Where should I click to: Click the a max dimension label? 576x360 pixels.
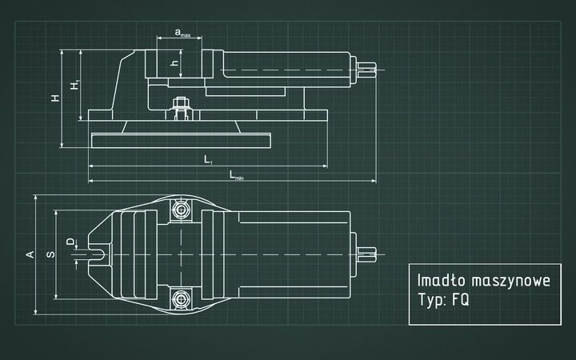coord(182,34)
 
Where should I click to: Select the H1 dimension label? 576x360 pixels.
coord(74,85)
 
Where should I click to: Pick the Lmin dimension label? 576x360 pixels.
coord(237,174)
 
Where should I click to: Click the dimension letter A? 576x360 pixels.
coord(30,254)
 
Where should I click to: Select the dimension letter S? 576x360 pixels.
coord(50,254)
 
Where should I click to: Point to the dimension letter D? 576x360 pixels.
coord(70,240)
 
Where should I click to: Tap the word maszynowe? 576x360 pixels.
coord(513,282)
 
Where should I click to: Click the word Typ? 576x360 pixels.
coord(432,304)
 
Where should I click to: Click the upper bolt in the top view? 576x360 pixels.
coord(181,210)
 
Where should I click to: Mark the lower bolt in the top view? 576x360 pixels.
coord(181,298)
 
